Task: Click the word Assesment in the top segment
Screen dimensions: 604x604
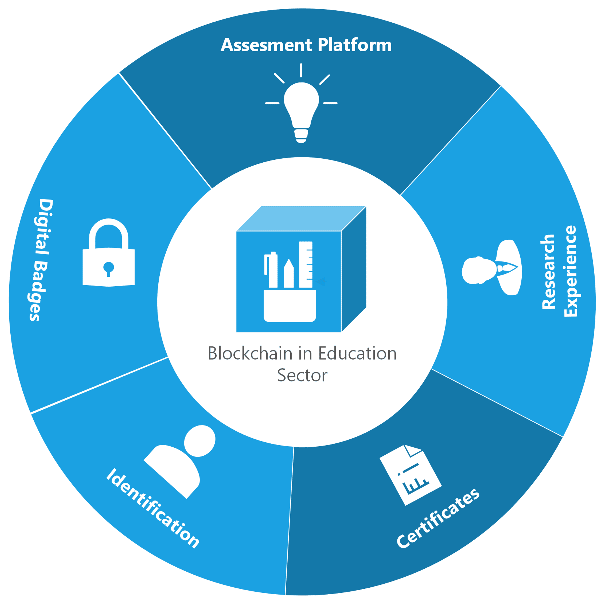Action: click(x=266, y=45)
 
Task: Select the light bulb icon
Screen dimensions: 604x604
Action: click(x=301, y=106)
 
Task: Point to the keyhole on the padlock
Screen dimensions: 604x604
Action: click(x=109, y=268)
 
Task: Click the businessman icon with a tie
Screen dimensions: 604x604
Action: click(x=492, y=267)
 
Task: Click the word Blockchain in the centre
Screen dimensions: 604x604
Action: click(x=250, y=354)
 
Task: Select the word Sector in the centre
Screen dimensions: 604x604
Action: click(x=302, y=375)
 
